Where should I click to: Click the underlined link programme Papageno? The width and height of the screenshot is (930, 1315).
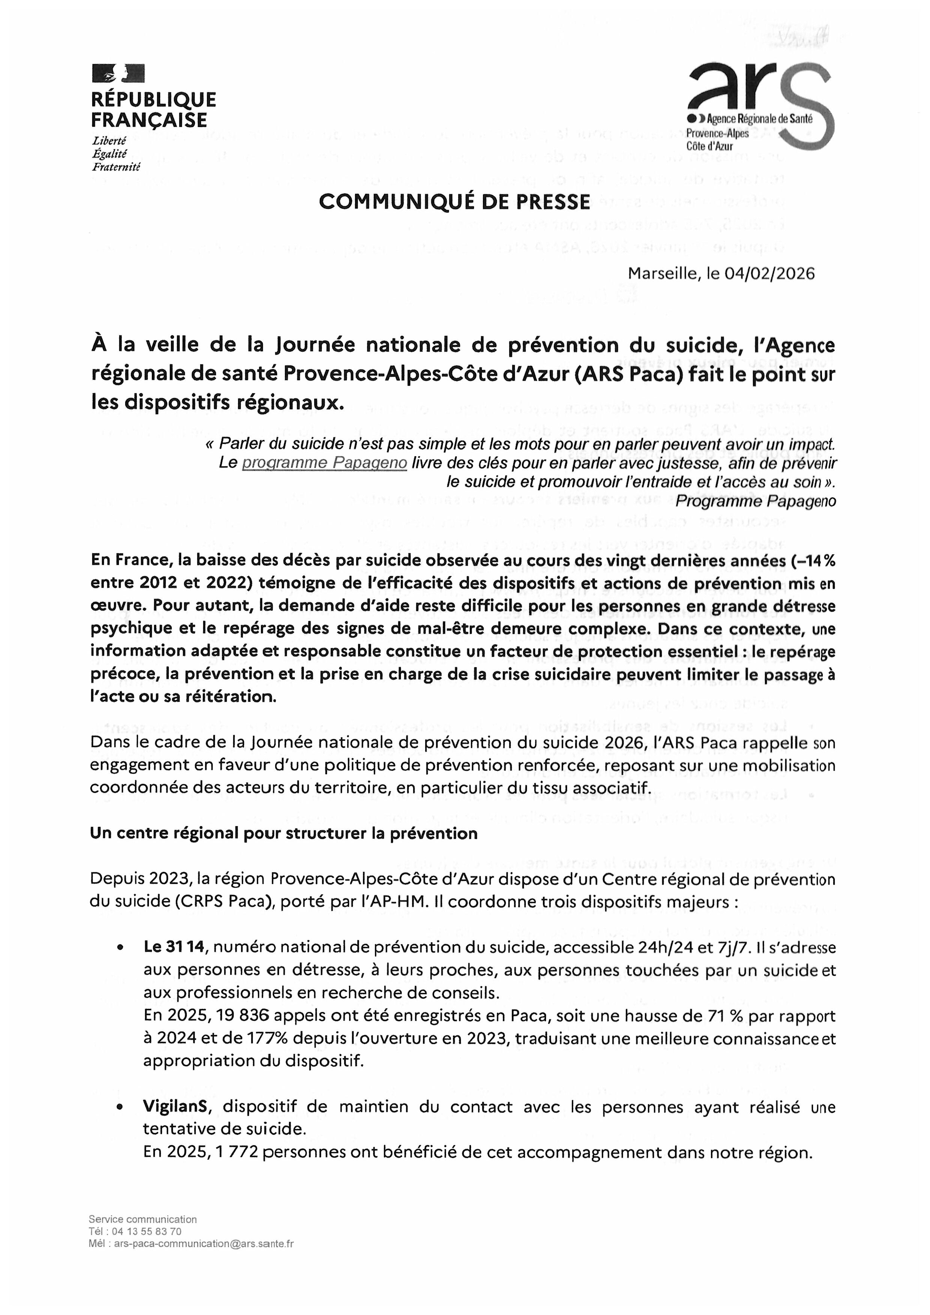click(324, 463)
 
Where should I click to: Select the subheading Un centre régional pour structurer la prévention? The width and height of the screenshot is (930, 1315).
click(283, 833)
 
